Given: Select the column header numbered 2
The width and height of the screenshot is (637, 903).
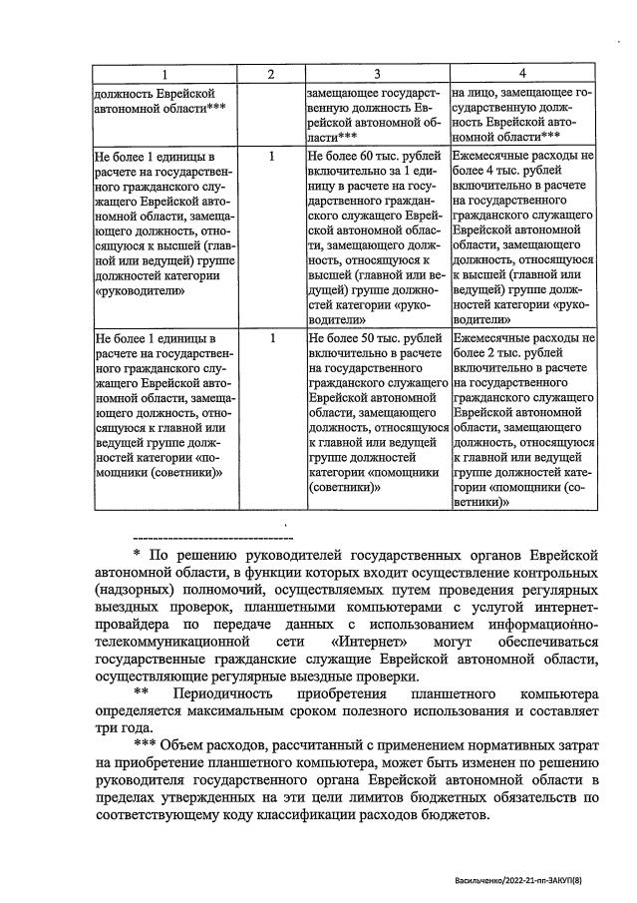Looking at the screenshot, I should point(270,75).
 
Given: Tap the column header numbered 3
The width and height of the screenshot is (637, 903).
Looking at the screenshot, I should point(376,75).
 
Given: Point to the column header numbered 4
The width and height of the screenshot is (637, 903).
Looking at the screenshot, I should point(521,75).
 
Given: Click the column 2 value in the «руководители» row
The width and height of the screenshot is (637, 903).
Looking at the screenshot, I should point(271,157).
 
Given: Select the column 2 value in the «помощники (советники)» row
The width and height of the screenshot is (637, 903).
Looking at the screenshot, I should point(271,339).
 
